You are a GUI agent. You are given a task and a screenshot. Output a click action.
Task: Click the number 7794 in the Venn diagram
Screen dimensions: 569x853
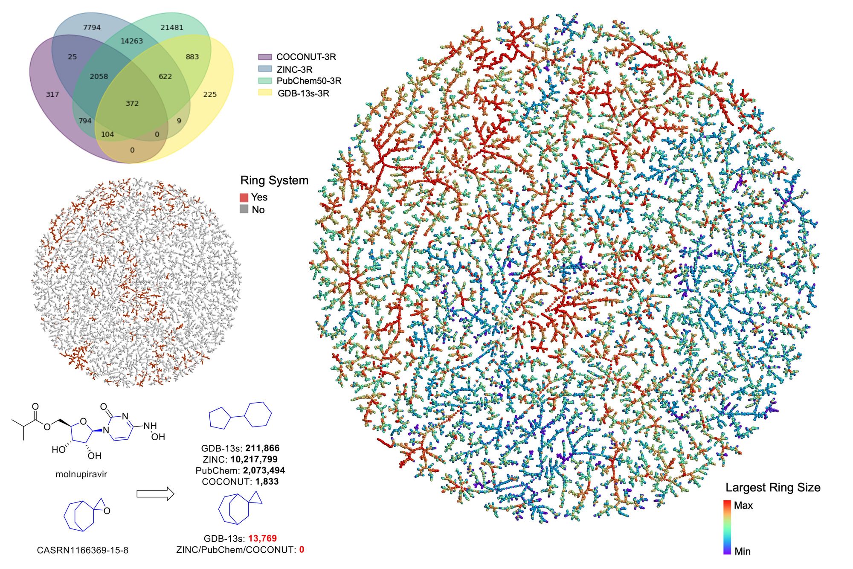click(x=92, y=28)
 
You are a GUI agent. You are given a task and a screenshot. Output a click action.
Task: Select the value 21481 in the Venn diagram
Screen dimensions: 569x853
click(x=172, y=28)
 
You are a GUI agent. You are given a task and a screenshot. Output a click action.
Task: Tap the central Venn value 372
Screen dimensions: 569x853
click(x=132, y=104)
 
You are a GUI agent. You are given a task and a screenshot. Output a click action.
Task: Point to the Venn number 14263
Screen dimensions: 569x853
click(x=132, y=41)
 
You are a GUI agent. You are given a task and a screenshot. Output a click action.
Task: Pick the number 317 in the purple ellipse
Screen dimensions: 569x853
click(x=52, y=95)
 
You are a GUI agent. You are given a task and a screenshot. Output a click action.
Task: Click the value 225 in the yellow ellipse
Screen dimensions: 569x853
click(x=210, y=95)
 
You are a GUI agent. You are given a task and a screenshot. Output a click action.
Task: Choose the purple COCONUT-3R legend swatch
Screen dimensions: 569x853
click(x=265, y=57)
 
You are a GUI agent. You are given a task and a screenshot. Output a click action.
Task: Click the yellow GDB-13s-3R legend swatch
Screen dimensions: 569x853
click(x=265, y=93)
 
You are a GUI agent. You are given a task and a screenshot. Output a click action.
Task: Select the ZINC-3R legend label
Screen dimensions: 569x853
click(x=294, y=70)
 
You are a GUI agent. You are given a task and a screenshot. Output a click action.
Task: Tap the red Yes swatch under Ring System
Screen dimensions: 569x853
click(x=244, y=197)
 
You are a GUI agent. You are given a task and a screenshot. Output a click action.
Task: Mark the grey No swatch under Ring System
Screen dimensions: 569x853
click(x=244, y=209)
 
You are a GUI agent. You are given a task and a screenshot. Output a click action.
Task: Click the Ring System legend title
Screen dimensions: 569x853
click(x=274, y=180)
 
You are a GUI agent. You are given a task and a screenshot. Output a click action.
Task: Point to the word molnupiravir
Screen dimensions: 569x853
click(x=81, y=474)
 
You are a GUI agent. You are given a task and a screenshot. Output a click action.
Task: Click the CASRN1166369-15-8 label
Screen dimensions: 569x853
click(x=82, y=550)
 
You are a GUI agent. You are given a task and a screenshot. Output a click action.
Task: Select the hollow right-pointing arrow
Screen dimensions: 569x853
click(x=155, y=494)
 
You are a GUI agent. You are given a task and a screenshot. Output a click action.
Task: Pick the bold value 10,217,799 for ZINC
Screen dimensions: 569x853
click(x=254, y=459)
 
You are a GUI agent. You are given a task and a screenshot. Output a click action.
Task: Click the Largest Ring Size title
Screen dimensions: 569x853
click(x=773, y=488)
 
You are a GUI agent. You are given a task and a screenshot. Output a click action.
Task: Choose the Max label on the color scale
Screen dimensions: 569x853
click(x=743, y=505)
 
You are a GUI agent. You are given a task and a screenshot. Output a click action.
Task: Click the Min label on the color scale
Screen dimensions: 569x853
click(x=743, y=552)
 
